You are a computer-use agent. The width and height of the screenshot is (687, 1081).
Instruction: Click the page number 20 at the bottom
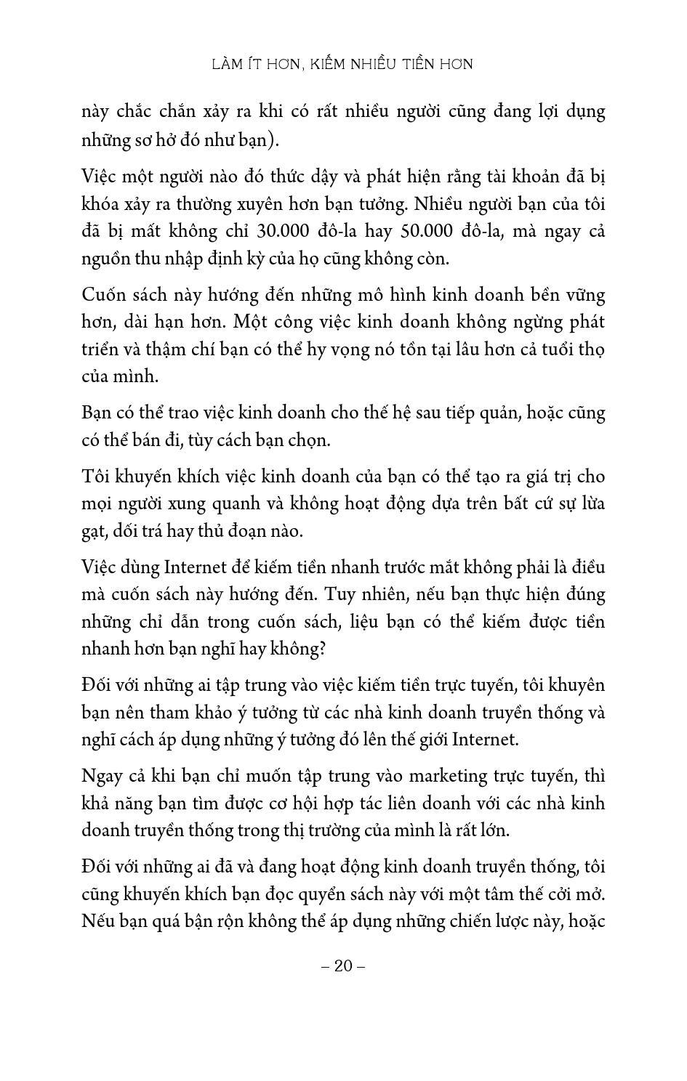point(343,965)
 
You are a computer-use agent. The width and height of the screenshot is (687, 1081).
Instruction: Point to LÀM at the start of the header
point(226,65)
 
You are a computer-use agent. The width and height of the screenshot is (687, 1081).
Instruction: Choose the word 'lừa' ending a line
point(589,503)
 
